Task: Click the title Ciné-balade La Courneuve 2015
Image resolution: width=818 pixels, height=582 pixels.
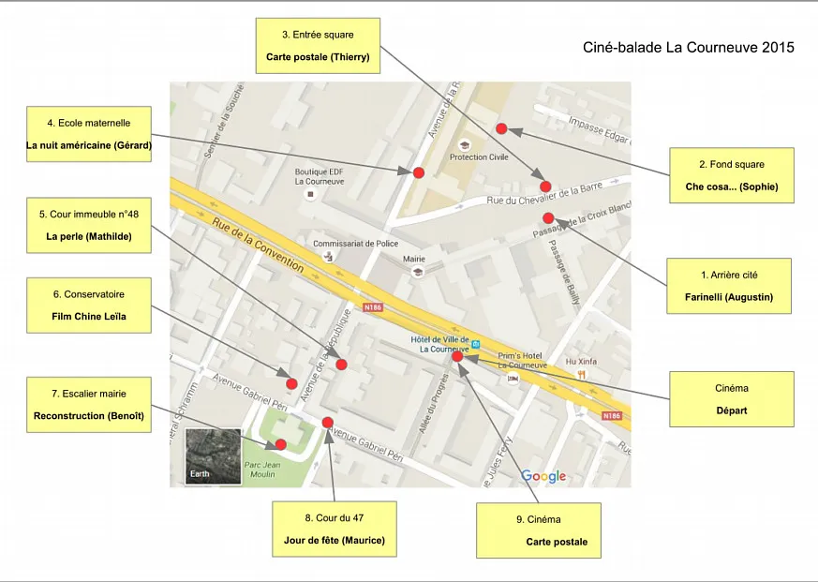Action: tap(688, 48)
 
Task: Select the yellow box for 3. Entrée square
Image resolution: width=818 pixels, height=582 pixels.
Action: tap(318, 46)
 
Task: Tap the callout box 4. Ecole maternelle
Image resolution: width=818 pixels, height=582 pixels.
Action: tap(89, 134)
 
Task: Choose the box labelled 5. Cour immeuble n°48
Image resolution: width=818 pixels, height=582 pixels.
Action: tap(89, 226)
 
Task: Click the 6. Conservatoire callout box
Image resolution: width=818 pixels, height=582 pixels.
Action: tap(89, 306)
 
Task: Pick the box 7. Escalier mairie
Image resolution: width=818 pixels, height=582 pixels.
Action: tap(89, 405)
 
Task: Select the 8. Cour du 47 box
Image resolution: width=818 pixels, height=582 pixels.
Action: tap(335, 530)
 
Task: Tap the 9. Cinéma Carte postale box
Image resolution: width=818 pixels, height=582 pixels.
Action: tap(539, 530)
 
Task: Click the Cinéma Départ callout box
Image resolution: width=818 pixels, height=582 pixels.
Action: tap(732, 399)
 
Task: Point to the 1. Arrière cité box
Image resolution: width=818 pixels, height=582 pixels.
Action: tap(729, 286)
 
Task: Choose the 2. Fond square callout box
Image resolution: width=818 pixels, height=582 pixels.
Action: tap(732, 175)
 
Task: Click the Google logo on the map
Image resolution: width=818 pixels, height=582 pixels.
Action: tap(543, 476)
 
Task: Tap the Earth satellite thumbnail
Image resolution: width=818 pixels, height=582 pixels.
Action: tap(213, 456)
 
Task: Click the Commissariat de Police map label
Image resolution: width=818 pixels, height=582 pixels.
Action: tap(355, 244)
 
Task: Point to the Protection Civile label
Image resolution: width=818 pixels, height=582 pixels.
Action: tap(479, 157)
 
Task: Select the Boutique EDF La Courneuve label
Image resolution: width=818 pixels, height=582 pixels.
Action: tap(320, 176)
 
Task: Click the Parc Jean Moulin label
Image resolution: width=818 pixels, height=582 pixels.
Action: tap(262, 470)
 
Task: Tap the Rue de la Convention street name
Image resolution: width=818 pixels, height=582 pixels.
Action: tap(258, 245)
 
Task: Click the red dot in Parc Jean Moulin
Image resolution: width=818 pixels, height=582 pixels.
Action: tap(281, 445)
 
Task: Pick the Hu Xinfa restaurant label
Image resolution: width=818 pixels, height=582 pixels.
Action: tap(581, 361)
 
